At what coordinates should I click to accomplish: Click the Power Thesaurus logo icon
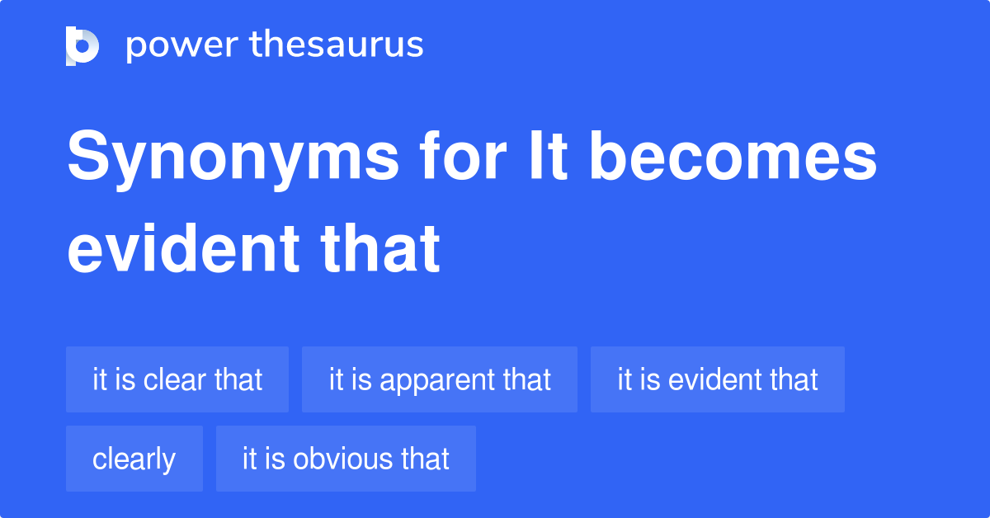pyautogui.click(x=82, y=45)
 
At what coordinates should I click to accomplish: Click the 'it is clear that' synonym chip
pyautogui.click(x=177, y=379)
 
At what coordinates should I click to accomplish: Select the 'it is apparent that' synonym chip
pyautogui.click(x=440, y=379)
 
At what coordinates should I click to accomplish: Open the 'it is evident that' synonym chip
pyautogui.click(x=718, y=379)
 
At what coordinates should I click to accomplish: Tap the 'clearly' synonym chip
pyautogui.click(x=134, y=459)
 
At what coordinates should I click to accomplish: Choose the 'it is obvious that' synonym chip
pyautogui.click(x=346, y=459)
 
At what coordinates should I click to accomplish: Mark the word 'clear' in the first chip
pyautogui.click(x=175, y=379)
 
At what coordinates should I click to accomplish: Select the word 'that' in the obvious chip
pyautogui.click(x=425, y=459)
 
